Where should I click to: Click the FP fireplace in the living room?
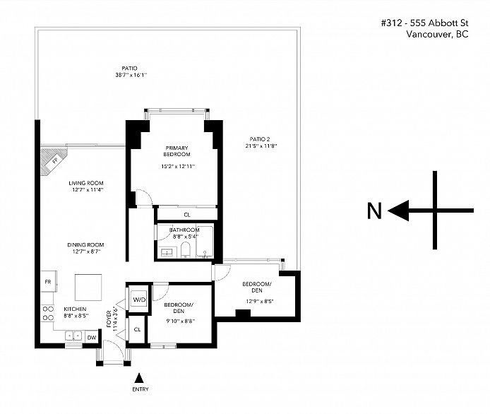[x=54, y=161]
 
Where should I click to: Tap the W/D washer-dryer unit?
[x=139, y=300]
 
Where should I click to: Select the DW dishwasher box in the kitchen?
[x=92, y=338]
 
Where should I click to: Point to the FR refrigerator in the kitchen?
[x=48, y=281]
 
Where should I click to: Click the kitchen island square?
[x=88, y=288]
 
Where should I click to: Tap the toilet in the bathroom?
[x=185, y=250]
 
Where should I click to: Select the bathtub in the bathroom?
[x=205, y=242]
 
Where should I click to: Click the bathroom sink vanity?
[x=168, y=252]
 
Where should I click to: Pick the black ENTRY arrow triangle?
[x=139, y=378]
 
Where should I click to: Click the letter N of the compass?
[x=374, y=211]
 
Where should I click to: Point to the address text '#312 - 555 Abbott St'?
[x=424, y=23]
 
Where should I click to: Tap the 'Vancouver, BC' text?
[x=437, y=34]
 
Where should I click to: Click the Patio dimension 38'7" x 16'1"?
[x=131, y=75]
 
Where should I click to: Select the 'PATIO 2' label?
[x=260, y=139]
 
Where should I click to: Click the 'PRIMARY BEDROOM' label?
[x=177, y=151]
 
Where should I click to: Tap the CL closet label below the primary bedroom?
[x=187, y=215]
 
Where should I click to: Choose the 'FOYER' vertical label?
[x=109, y=319]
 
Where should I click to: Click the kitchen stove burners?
[x=48, y=313]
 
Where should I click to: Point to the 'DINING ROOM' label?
[x=85, y=245]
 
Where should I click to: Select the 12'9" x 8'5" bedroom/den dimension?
[x=260, y=302]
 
